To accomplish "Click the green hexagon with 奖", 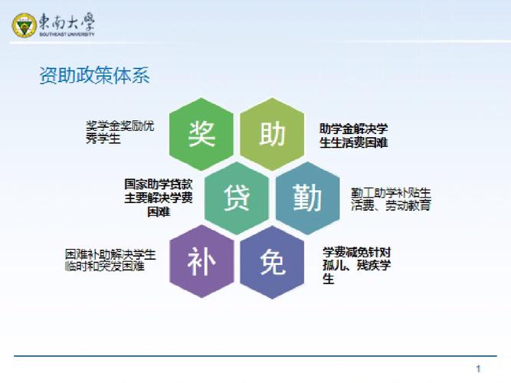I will click(x=201, y=135).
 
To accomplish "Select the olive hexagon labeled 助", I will click(x=273, y=135).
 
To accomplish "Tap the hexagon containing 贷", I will click(x=237, y=198).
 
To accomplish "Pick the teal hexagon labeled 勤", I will click(x=308, y=198).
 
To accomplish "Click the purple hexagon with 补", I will click(x=201, y=262).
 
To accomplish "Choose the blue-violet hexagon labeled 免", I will click(x=273, y=262).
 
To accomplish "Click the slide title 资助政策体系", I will click(x=94, y=76).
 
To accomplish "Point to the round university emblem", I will click(x=25, y=25).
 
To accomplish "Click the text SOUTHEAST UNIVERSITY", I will click(x=68, y=34).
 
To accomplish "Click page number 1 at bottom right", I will click(x=478, y=368).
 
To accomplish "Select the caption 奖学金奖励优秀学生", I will click(x=120, y=133).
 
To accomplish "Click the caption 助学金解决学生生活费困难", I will click(x=353, y=136).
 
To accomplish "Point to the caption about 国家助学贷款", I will click(x=159, y=198).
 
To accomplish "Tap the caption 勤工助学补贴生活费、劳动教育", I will click(x=391, y=198).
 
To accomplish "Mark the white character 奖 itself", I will click(x=201, y=135).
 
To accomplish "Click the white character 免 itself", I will click(x=273, y=262).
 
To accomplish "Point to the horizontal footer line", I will click(x=253, y=357).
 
